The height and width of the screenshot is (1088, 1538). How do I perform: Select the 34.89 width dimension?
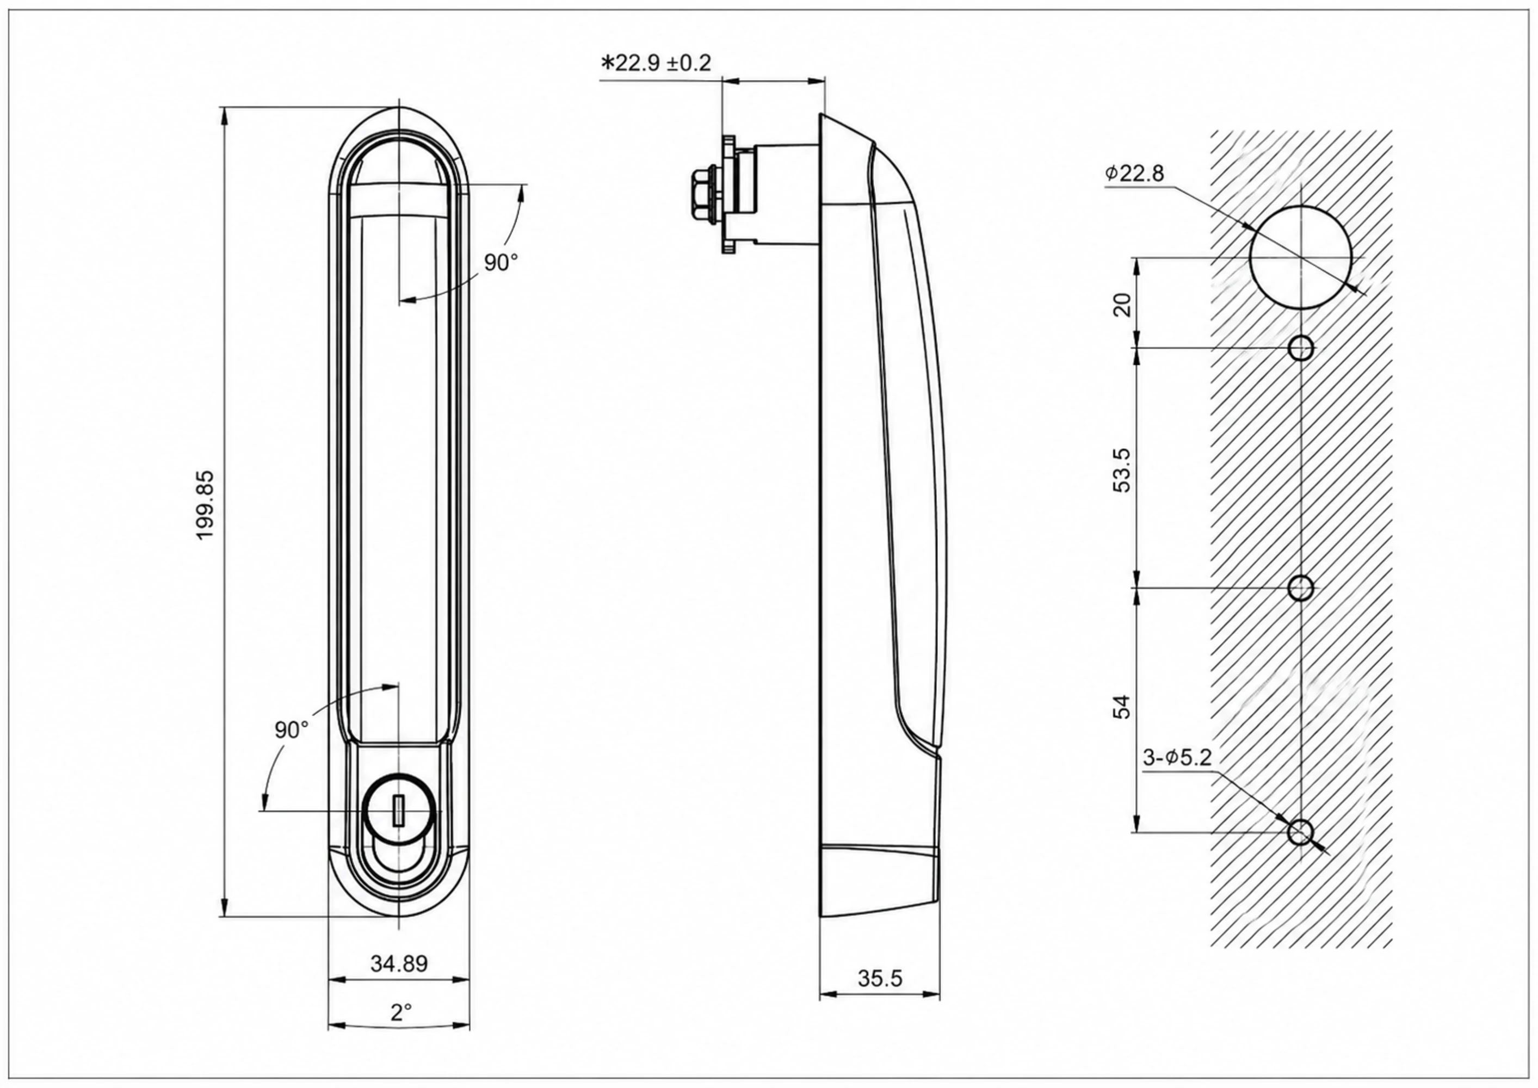[x=399, y=963]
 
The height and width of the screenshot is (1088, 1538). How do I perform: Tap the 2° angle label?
[x=400, y=1012]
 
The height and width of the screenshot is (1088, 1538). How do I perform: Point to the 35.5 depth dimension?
[x=880, y=979]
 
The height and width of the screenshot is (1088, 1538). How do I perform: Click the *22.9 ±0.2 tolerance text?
[x=657, y=63]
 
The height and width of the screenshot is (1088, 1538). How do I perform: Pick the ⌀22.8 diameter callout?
[x=1135, y=174]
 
